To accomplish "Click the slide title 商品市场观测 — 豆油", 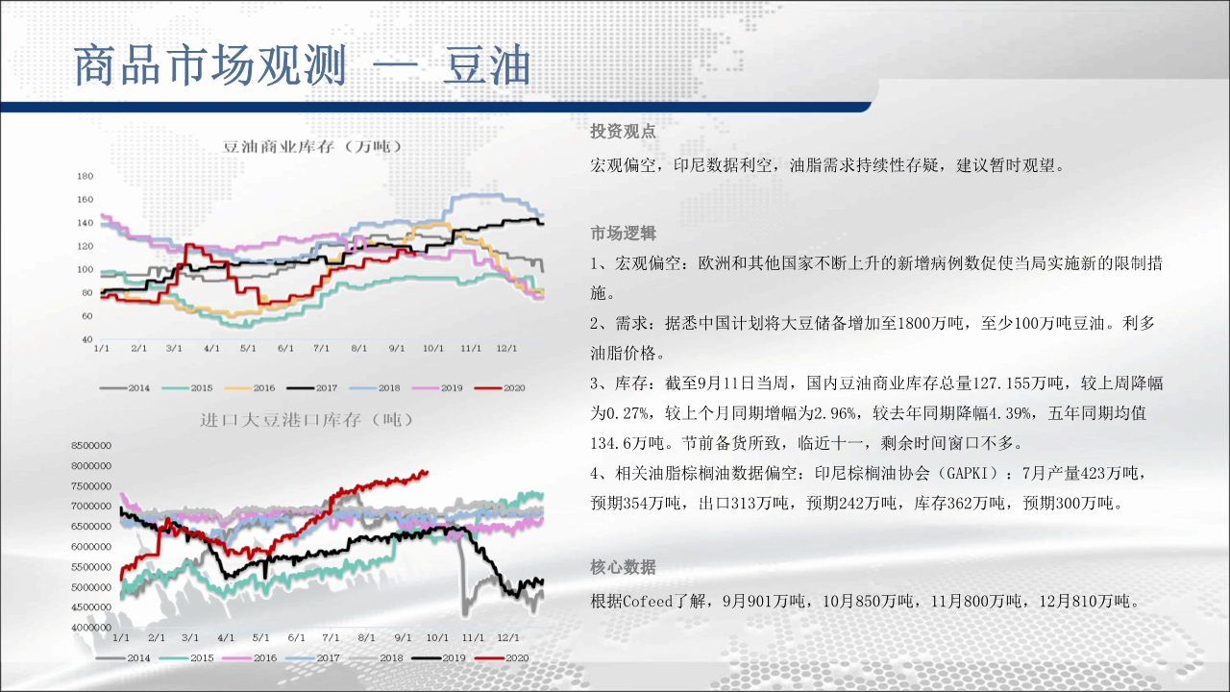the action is (302, 66).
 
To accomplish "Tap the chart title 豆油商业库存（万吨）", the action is (312, 147).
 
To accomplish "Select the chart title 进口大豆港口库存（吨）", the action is (307, 420).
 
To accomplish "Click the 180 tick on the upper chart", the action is (86, 176).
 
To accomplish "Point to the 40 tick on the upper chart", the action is (87, 339).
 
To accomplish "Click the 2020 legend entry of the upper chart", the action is (500, 387).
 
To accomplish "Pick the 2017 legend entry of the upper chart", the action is (312, 387).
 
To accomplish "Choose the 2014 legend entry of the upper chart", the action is (125, 387).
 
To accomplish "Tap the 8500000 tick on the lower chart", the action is (91, 445).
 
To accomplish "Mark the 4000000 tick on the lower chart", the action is (91, 628).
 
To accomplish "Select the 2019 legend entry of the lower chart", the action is (438, 658).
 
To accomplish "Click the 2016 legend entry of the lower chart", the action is (249, 658).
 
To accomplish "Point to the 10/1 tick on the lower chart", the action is (437, 638).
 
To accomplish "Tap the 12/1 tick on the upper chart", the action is (506, 348).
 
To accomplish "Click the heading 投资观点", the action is (623, 132).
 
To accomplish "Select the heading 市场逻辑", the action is (623, 234).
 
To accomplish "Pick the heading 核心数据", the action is (623, 567).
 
